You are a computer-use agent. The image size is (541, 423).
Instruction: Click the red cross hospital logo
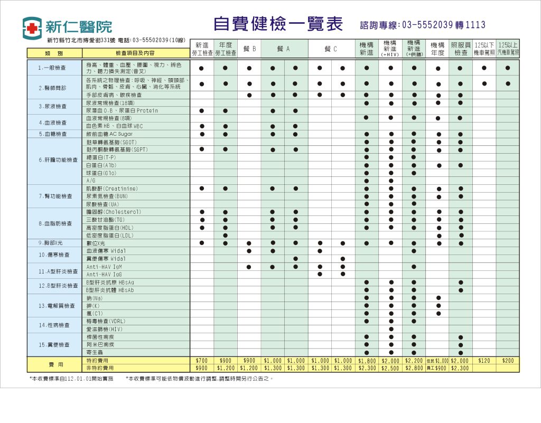coord(32,28)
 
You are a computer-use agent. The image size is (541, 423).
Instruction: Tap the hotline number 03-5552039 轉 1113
coord(423,25)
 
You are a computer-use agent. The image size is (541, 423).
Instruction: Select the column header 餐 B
coord(249,49)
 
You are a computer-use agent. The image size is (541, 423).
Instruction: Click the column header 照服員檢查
coord(461,49)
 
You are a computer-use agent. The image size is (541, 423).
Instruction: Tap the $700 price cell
coord(201,361)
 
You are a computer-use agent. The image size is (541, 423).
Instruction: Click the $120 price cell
coord(484,361)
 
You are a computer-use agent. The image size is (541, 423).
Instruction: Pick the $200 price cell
coord(508,361)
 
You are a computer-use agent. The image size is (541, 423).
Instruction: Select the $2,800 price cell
coord(414,368)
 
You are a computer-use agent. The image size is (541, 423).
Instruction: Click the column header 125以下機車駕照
coord(484,49)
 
